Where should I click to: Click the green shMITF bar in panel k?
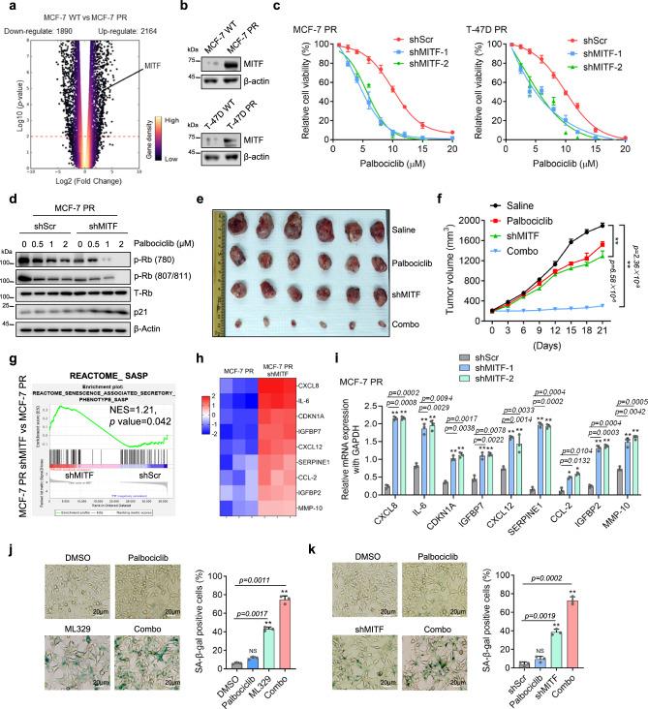tap(584, 663)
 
